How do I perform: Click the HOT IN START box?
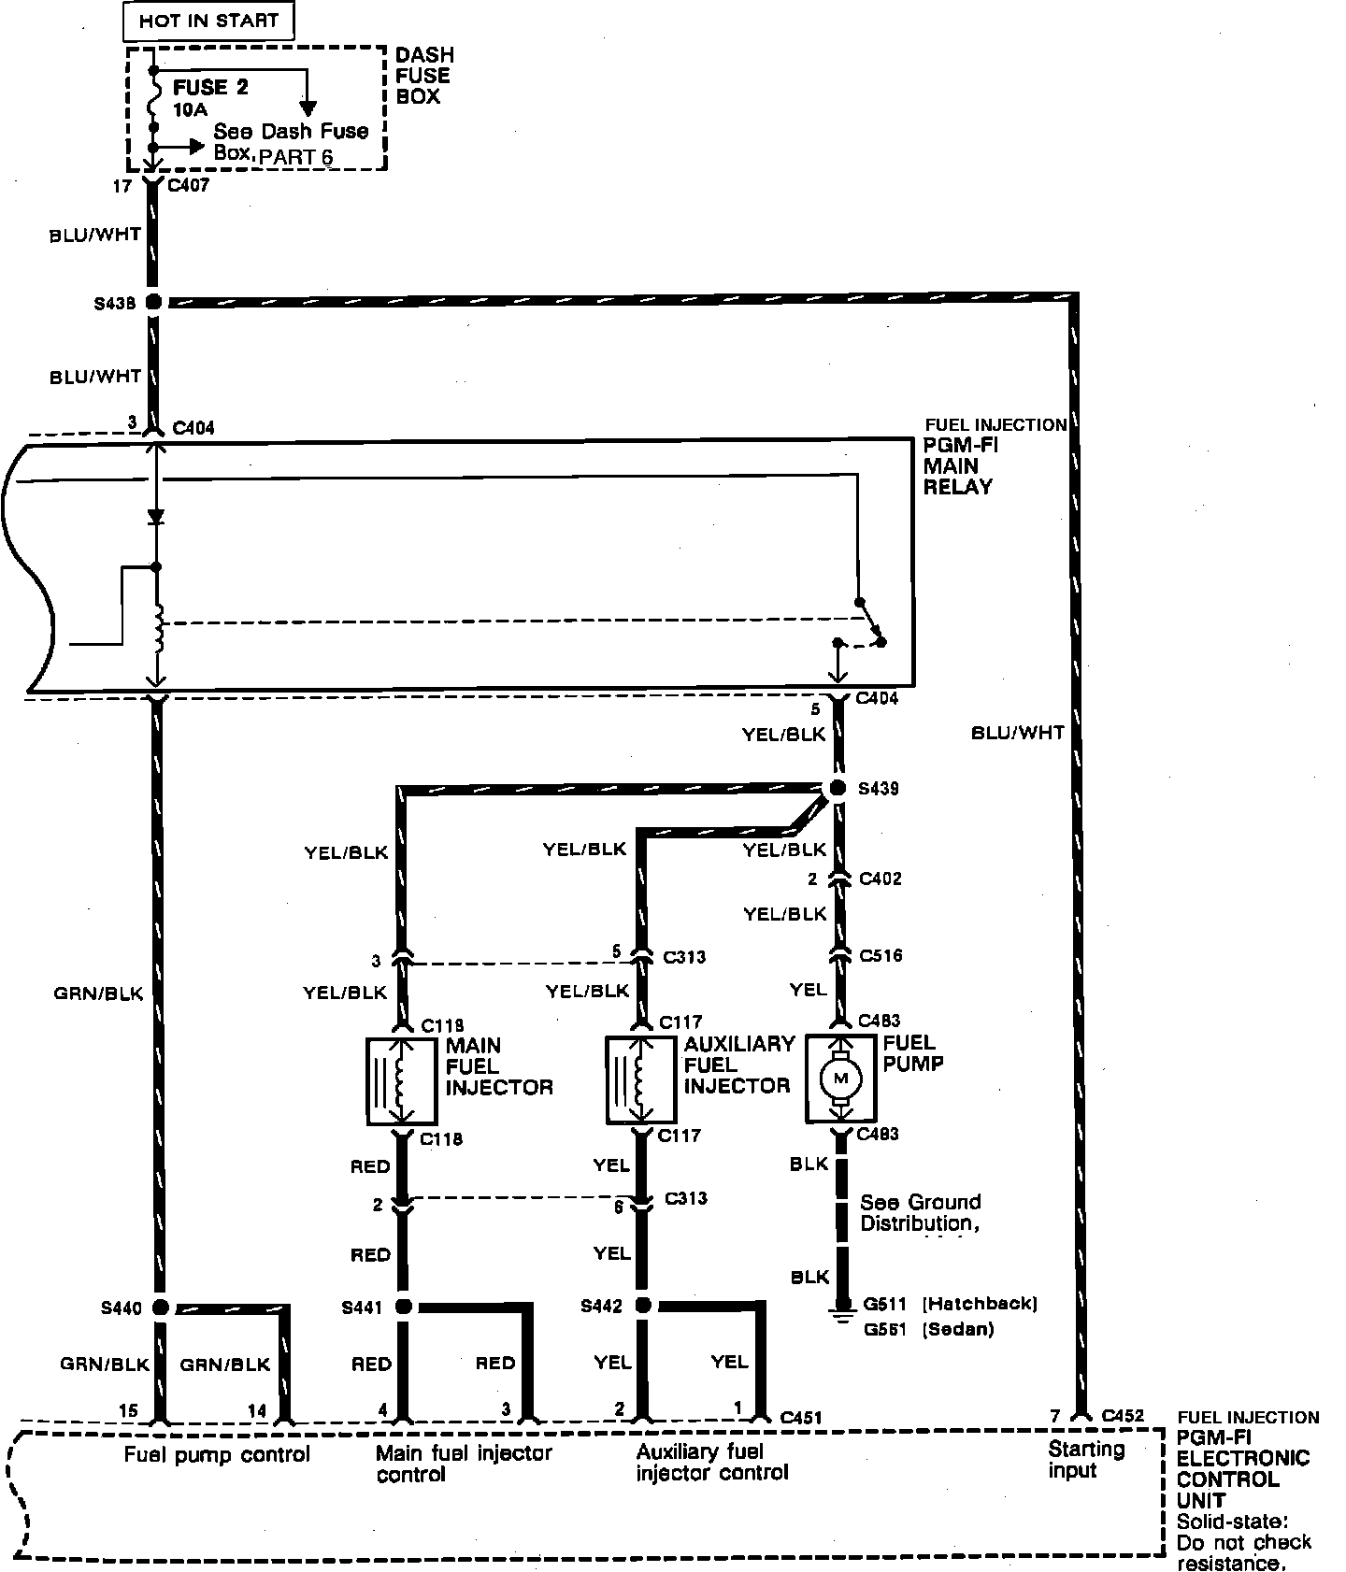tap(208, 21)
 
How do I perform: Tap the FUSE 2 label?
tap(211, 88)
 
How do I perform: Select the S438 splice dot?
tap(154, 302)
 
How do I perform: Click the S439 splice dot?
tap(838, 788)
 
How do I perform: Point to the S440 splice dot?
tap(160, 1307)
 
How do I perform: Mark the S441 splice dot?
tap(404, 1307)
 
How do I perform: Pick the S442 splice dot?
tap(643, 1306)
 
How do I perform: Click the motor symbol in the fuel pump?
tap(839, 1079)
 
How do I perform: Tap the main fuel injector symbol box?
tap(402, 1080)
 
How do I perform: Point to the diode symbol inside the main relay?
tap(156, 516)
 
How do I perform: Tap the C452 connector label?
tap(1123, 1415)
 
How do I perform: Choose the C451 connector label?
tap(800, 1418)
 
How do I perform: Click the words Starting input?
tap(1085, 1460)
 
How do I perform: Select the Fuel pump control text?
tap(217, 1454)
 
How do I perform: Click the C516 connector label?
tap(881, 955)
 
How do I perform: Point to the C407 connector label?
tap(188, 185)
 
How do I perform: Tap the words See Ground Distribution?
tap(920, 1212)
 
